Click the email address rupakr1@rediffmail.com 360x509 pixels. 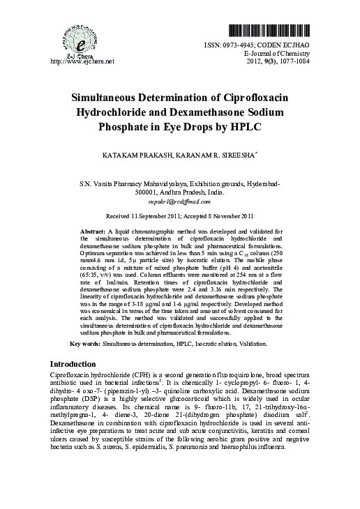[x=181, y=199]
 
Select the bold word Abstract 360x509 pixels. [x=93, y=230]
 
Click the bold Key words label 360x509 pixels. [x=86, y=344]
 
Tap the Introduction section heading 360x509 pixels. [x=79, y=365]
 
